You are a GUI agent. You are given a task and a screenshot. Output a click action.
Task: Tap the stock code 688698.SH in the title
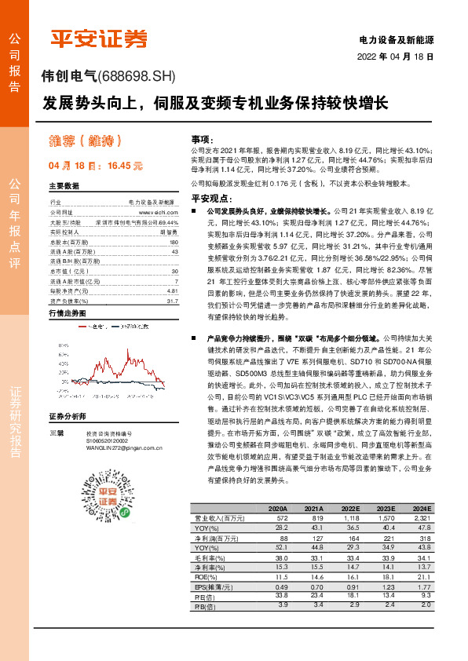(x=140, y=75)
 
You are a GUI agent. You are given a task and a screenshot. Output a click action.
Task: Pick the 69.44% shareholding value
(x=168, y=222)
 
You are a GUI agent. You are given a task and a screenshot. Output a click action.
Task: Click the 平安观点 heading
(x=209, y=198)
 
